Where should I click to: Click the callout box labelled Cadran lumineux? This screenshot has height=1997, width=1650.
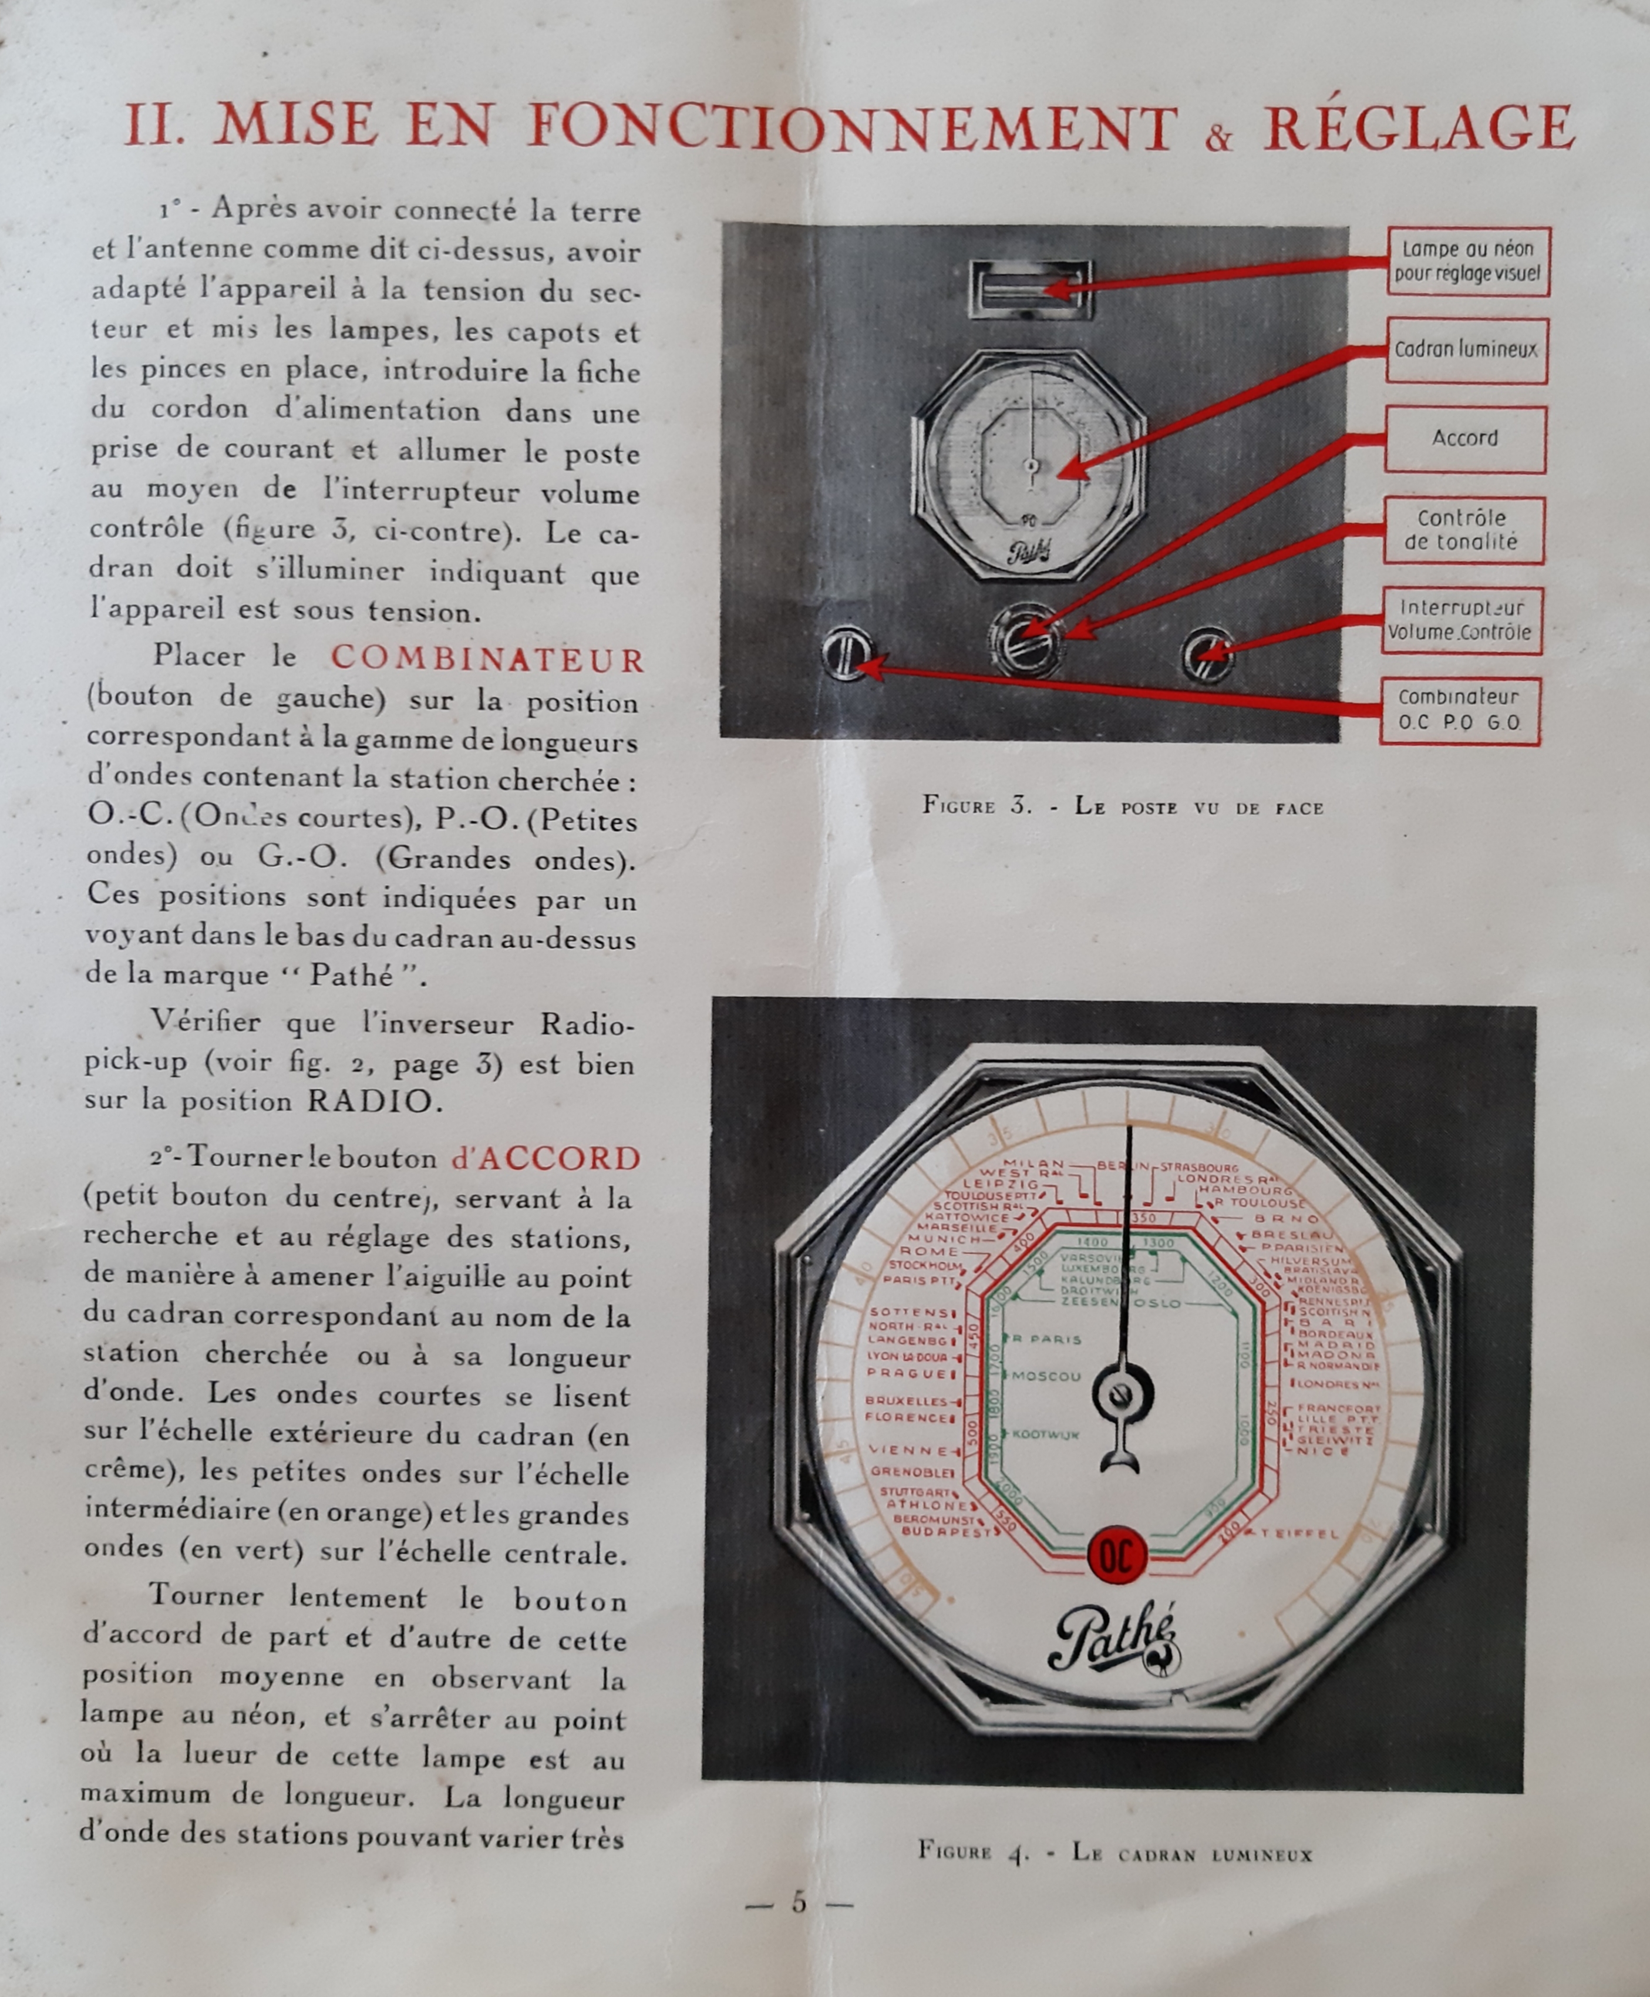1466,350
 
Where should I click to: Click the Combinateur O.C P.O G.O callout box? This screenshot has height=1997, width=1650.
1459,710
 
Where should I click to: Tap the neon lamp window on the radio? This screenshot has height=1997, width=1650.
1031,290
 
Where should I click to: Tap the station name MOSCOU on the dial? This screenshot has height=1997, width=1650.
1046,1376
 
